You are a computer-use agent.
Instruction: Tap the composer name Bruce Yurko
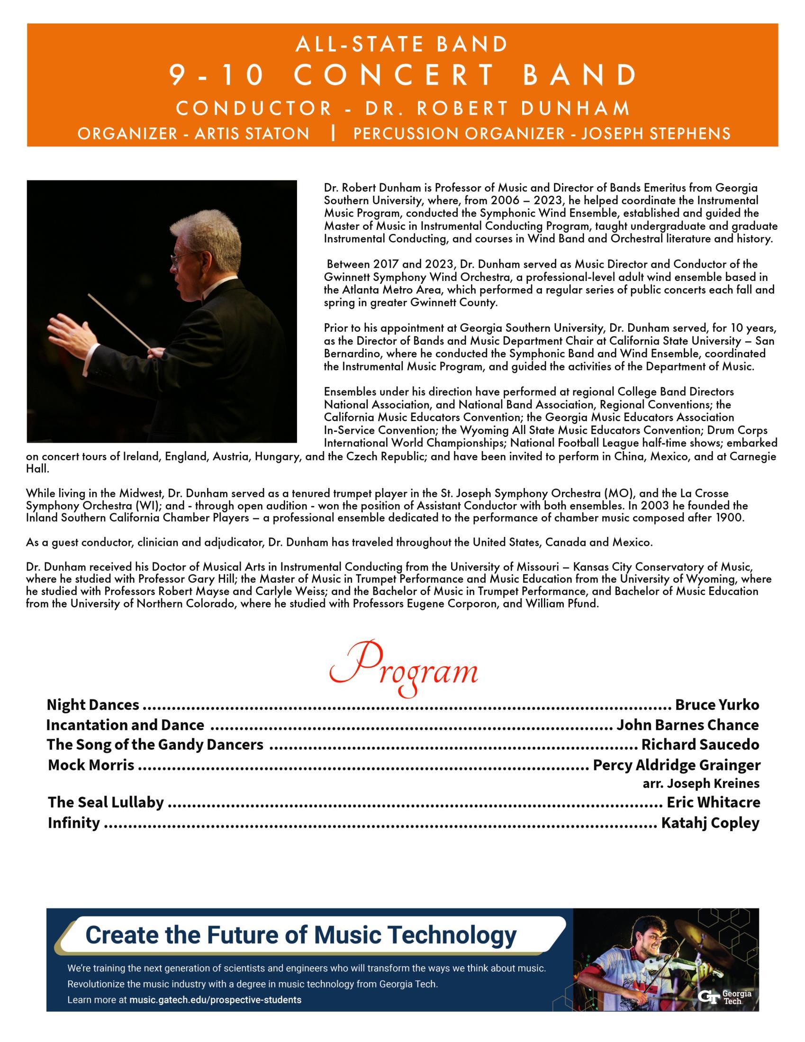(x=717, y=705)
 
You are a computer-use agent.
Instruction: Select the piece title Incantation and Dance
(x=125, y=725)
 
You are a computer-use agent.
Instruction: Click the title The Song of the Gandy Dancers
(x=154, y=745)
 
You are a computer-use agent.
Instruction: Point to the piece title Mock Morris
(x=91, y=765)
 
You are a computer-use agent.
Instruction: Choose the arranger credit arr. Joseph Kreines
(x=700, y=783)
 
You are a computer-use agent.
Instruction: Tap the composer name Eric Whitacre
(x=713, y=802)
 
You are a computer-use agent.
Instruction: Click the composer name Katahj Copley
(x=710, y=823)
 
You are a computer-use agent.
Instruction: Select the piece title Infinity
(x=74, y=823)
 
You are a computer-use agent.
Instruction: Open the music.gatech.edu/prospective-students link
(x=215, y=999)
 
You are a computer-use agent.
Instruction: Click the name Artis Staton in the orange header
(x=252, y=134)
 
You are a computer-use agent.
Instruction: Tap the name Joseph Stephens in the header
(x=656, y=134)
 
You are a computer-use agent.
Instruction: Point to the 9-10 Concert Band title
(x=403, y=75)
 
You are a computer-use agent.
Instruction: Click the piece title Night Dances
(x=93, y=705)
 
